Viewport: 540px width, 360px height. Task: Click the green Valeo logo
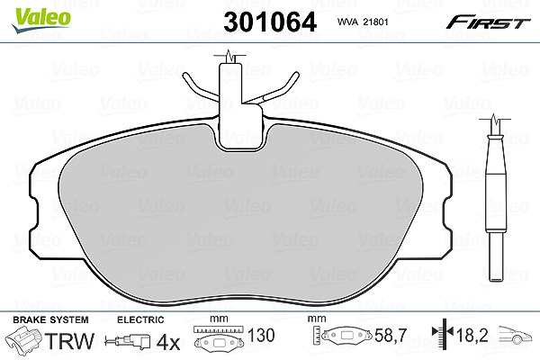pyautogui.click(x=41, y=20)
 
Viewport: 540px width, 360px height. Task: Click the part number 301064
pyautogui.click(x=270, y=22)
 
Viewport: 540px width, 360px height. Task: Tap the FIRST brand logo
pyautogui.click(x=488, y=22)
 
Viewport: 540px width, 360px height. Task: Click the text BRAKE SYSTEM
pyautogui.click(x=50, y=319)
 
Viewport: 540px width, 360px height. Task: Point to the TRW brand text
pyautogui.click(x=69, y=341)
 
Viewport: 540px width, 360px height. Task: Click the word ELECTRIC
pyautogui.click(x=140, y=319)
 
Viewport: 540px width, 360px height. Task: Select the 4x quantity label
pyautogui.click(x=168, y=342)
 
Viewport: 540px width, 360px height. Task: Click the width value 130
pyautogui.click(x=261, y=335)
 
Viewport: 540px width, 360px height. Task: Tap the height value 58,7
pyautogui.click(x=391, y=335)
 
